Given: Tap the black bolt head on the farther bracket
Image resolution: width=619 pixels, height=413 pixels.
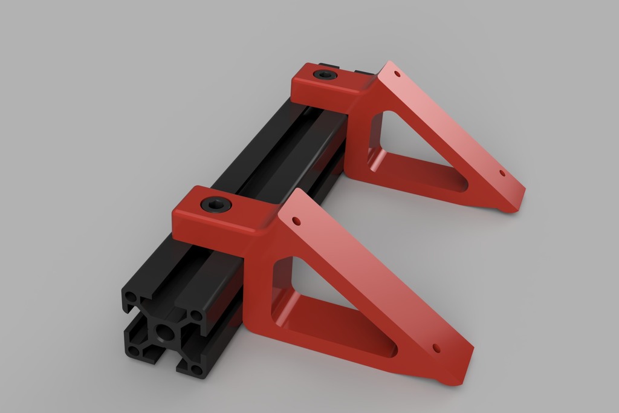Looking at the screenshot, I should tap(323, 75).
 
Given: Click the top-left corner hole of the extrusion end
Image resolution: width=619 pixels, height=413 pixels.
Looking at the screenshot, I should tap(131, 298).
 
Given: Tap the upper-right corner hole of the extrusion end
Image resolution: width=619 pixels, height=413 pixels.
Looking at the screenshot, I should tap(195, 315).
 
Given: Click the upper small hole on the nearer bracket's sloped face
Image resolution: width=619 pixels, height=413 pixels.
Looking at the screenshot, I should tap(297, 221).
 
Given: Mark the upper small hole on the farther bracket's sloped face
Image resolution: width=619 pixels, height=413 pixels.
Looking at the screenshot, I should tap(397, 74).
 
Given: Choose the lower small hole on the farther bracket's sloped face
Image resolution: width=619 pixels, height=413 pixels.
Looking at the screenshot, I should tap(502, 173).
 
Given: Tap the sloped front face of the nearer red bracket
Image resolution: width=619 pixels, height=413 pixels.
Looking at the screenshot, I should tap(369, 278).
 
